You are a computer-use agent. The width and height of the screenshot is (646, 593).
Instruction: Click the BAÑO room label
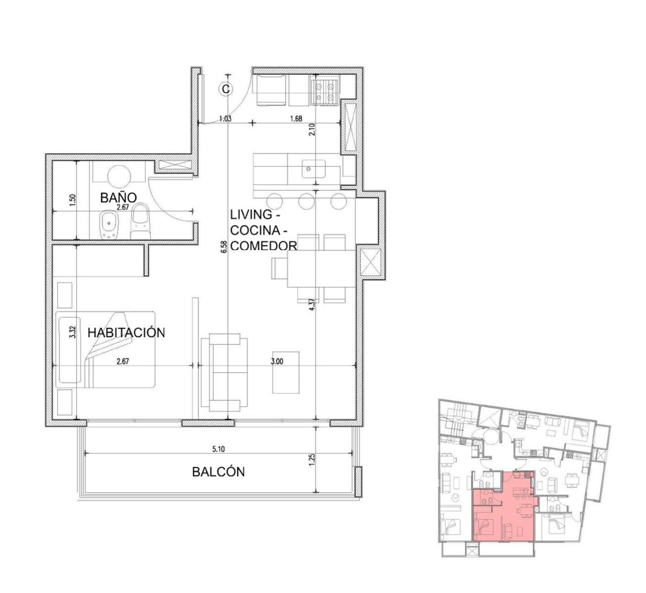click(118, 197)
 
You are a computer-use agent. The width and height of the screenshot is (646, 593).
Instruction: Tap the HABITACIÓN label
click(126, 333)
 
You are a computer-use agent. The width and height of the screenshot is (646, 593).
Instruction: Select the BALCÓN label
click(218, 472)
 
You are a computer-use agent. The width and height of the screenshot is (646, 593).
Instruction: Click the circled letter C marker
click(226, 88)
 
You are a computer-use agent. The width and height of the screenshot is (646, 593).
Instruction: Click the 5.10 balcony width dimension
click(218, 449)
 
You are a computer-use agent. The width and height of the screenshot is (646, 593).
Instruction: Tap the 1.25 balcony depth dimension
click(311, 460)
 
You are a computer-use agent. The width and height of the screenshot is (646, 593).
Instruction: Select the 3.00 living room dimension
click(277, 361)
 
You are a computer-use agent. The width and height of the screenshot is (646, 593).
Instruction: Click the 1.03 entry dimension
click(225, 119)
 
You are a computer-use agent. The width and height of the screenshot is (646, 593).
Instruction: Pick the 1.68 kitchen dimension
click(296, 119)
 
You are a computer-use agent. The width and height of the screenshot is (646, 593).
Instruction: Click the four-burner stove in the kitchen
click(325, 90)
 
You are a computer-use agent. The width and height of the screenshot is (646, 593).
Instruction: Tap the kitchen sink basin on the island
click(313, 169)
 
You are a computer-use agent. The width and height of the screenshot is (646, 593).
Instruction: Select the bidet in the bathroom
click(110, 225)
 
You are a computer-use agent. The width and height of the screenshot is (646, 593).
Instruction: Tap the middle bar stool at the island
click(306, 201)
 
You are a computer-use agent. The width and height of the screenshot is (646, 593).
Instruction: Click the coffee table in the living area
click(286, 373)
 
